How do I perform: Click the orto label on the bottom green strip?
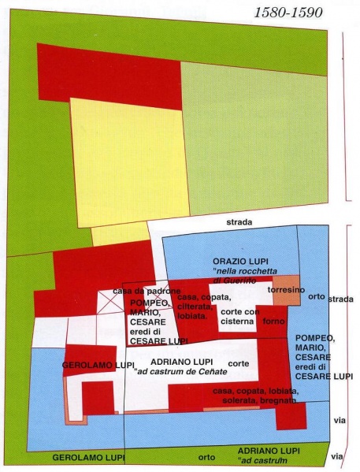point(207,457)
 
